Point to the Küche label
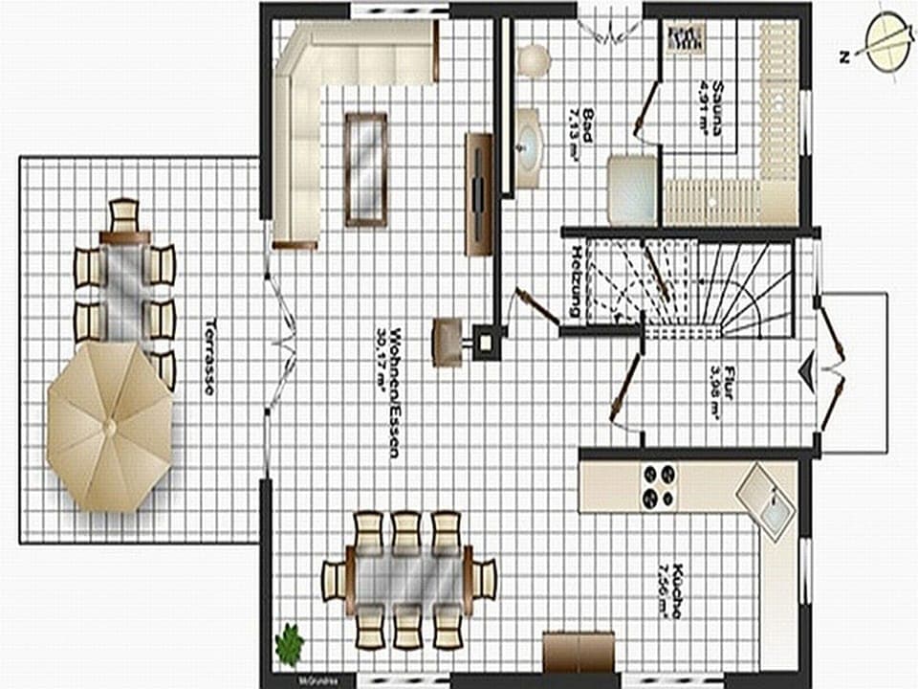coord(670,589)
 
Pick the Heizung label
coord(576,282)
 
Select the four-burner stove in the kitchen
coord(658,485)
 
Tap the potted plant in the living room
coord(289,643)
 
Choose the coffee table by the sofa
coord(366,169)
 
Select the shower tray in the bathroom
coord(632,189)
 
